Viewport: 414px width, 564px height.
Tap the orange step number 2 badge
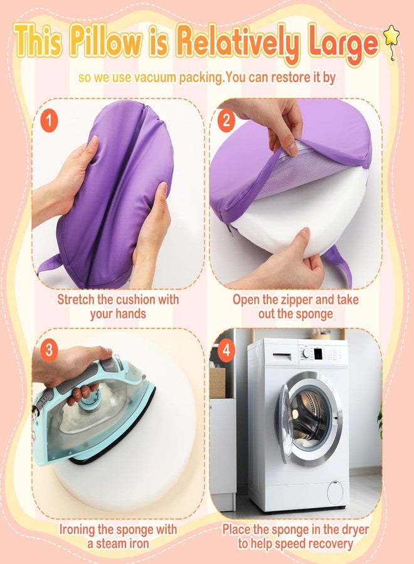pyautogui.click(x=226, y=120)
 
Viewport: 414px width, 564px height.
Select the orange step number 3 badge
pyautogui.click(x=48, y=348)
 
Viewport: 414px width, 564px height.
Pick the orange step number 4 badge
pyautogui.click(x=226, y=348)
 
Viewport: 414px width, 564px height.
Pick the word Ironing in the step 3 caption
pyautogui.click(x=77, y=530)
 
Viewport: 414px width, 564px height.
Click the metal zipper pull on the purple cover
pyautogui.click(x=230, y=230)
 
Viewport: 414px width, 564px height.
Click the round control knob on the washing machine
pyautogui.click(x=306, y=353)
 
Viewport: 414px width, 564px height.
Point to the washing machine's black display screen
pyautogui.click(x=318, y=353)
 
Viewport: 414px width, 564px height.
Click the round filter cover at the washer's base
pyautogui.click(x=335, y=492)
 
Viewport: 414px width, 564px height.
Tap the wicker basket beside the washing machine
pyautogui.click(x=217, y=382)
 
